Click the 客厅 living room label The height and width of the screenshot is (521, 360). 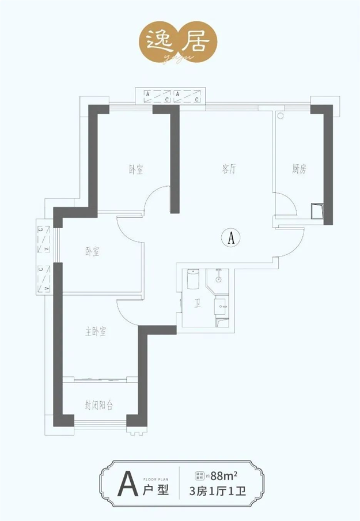(x=230, y=169)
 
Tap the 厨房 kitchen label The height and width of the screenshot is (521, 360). (x=298, y=169)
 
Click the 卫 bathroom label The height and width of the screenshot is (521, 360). (x=198, y=306)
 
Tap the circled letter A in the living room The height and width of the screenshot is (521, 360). (x=230, y=237)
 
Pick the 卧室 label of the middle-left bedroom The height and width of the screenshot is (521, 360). (x=92, y=251)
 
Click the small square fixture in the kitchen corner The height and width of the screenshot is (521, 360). (x=316, y=210)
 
